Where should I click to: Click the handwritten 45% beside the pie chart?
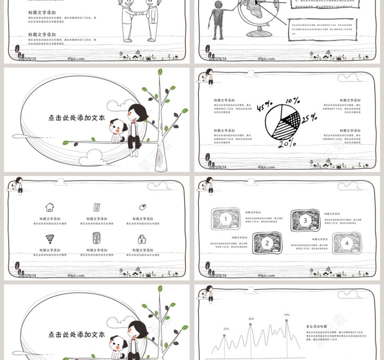(264, 108)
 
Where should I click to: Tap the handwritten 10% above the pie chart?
(293, 101)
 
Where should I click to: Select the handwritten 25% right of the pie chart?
(309, 118)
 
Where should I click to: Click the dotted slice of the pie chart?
(291, 120)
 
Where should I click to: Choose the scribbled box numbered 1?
(225, 219)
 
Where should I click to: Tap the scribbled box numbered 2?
(267, 243)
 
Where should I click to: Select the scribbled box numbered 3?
(305, 220)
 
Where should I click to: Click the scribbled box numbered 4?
(347, 243)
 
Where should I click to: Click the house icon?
(49, 207)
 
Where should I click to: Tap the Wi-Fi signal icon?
(49, 238)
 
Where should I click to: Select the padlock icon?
(143, 239)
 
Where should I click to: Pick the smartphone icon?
(96, 238)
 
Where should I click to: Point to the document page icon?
(96, 207)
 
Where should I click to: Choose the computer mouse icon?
(143, 207)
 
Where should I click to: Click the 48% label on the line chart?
(251, 319)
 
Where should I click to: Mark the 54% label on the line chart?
(287, 315)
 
